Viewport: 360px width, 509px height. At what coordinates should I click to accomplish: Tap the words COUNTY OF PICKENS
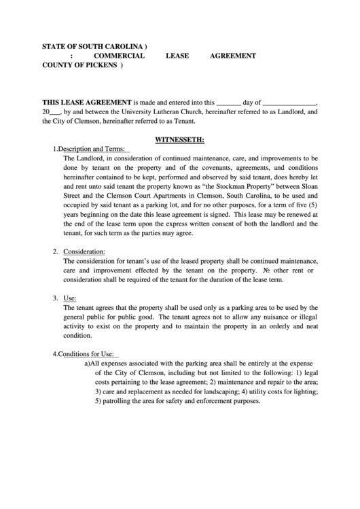tap(79, 66)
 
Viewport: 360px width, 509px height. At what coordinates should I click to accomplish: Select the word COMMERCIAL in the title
tap(119, 56)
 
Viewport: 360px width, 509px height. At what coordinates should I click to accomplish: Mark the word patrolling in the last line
tap(118, 401)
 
